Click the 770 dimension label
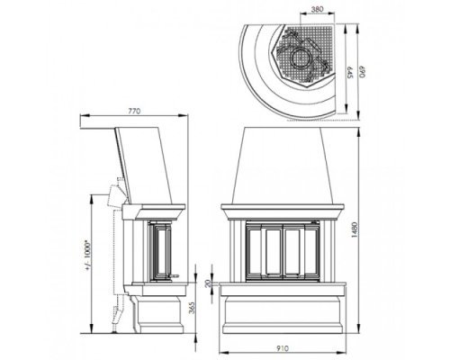tap(134, 111)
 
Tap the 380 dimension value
tap(317, 9)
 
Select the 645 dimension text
tap(350, 72)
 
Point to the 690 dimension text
tap(363, 72)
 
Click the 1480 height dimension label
tap(355, 230)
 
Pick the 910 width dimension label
tap(283, 348)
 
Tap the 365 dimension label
tap(192, 308)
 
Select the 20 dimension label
tap(208, 283)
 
